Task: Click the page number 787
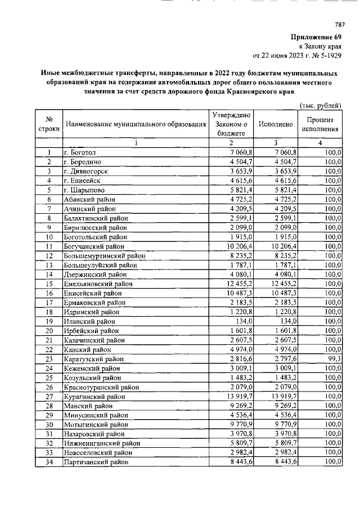[339, 24]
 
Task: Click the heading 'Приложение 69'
[317, 37]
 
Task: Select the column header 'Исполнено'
[276, 124]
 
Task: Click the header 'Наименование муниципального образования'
[136, 124]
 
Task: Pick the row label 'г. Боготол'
[83, 152]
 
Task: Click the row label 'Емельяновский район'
[97, 283]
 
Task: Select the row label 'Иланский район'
[89, 321]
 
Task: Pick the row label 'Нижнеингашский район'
[101, 443]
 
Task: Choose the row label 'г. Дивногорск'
[87, 171]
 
